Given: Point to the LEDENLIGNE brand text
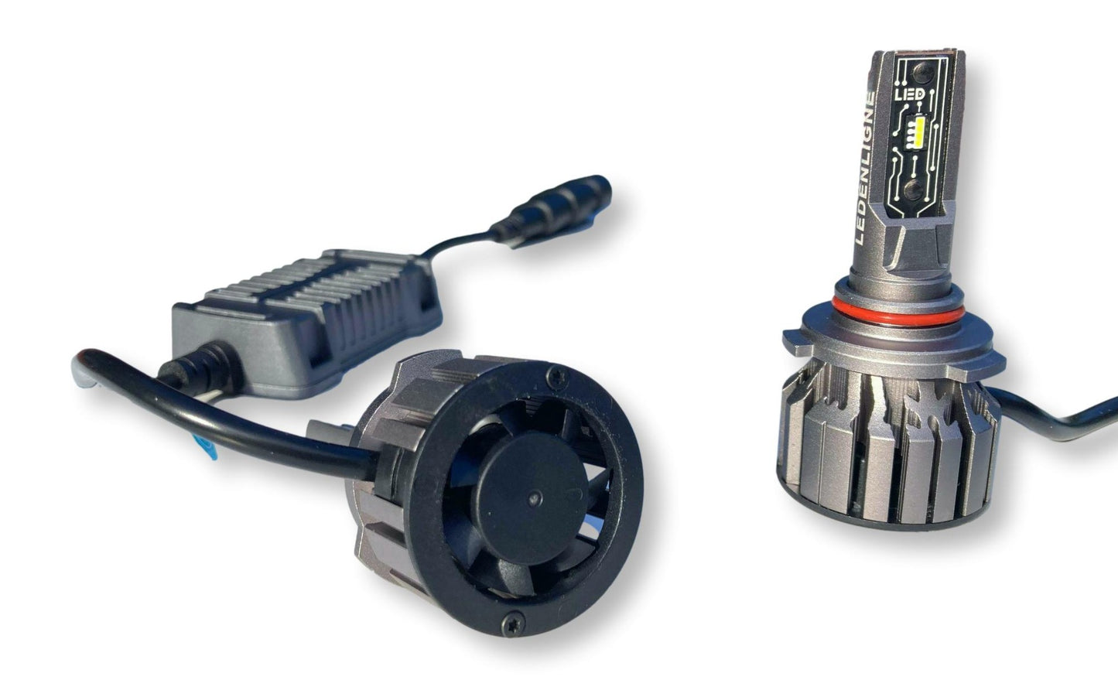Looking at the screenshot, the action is [867, 169].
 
